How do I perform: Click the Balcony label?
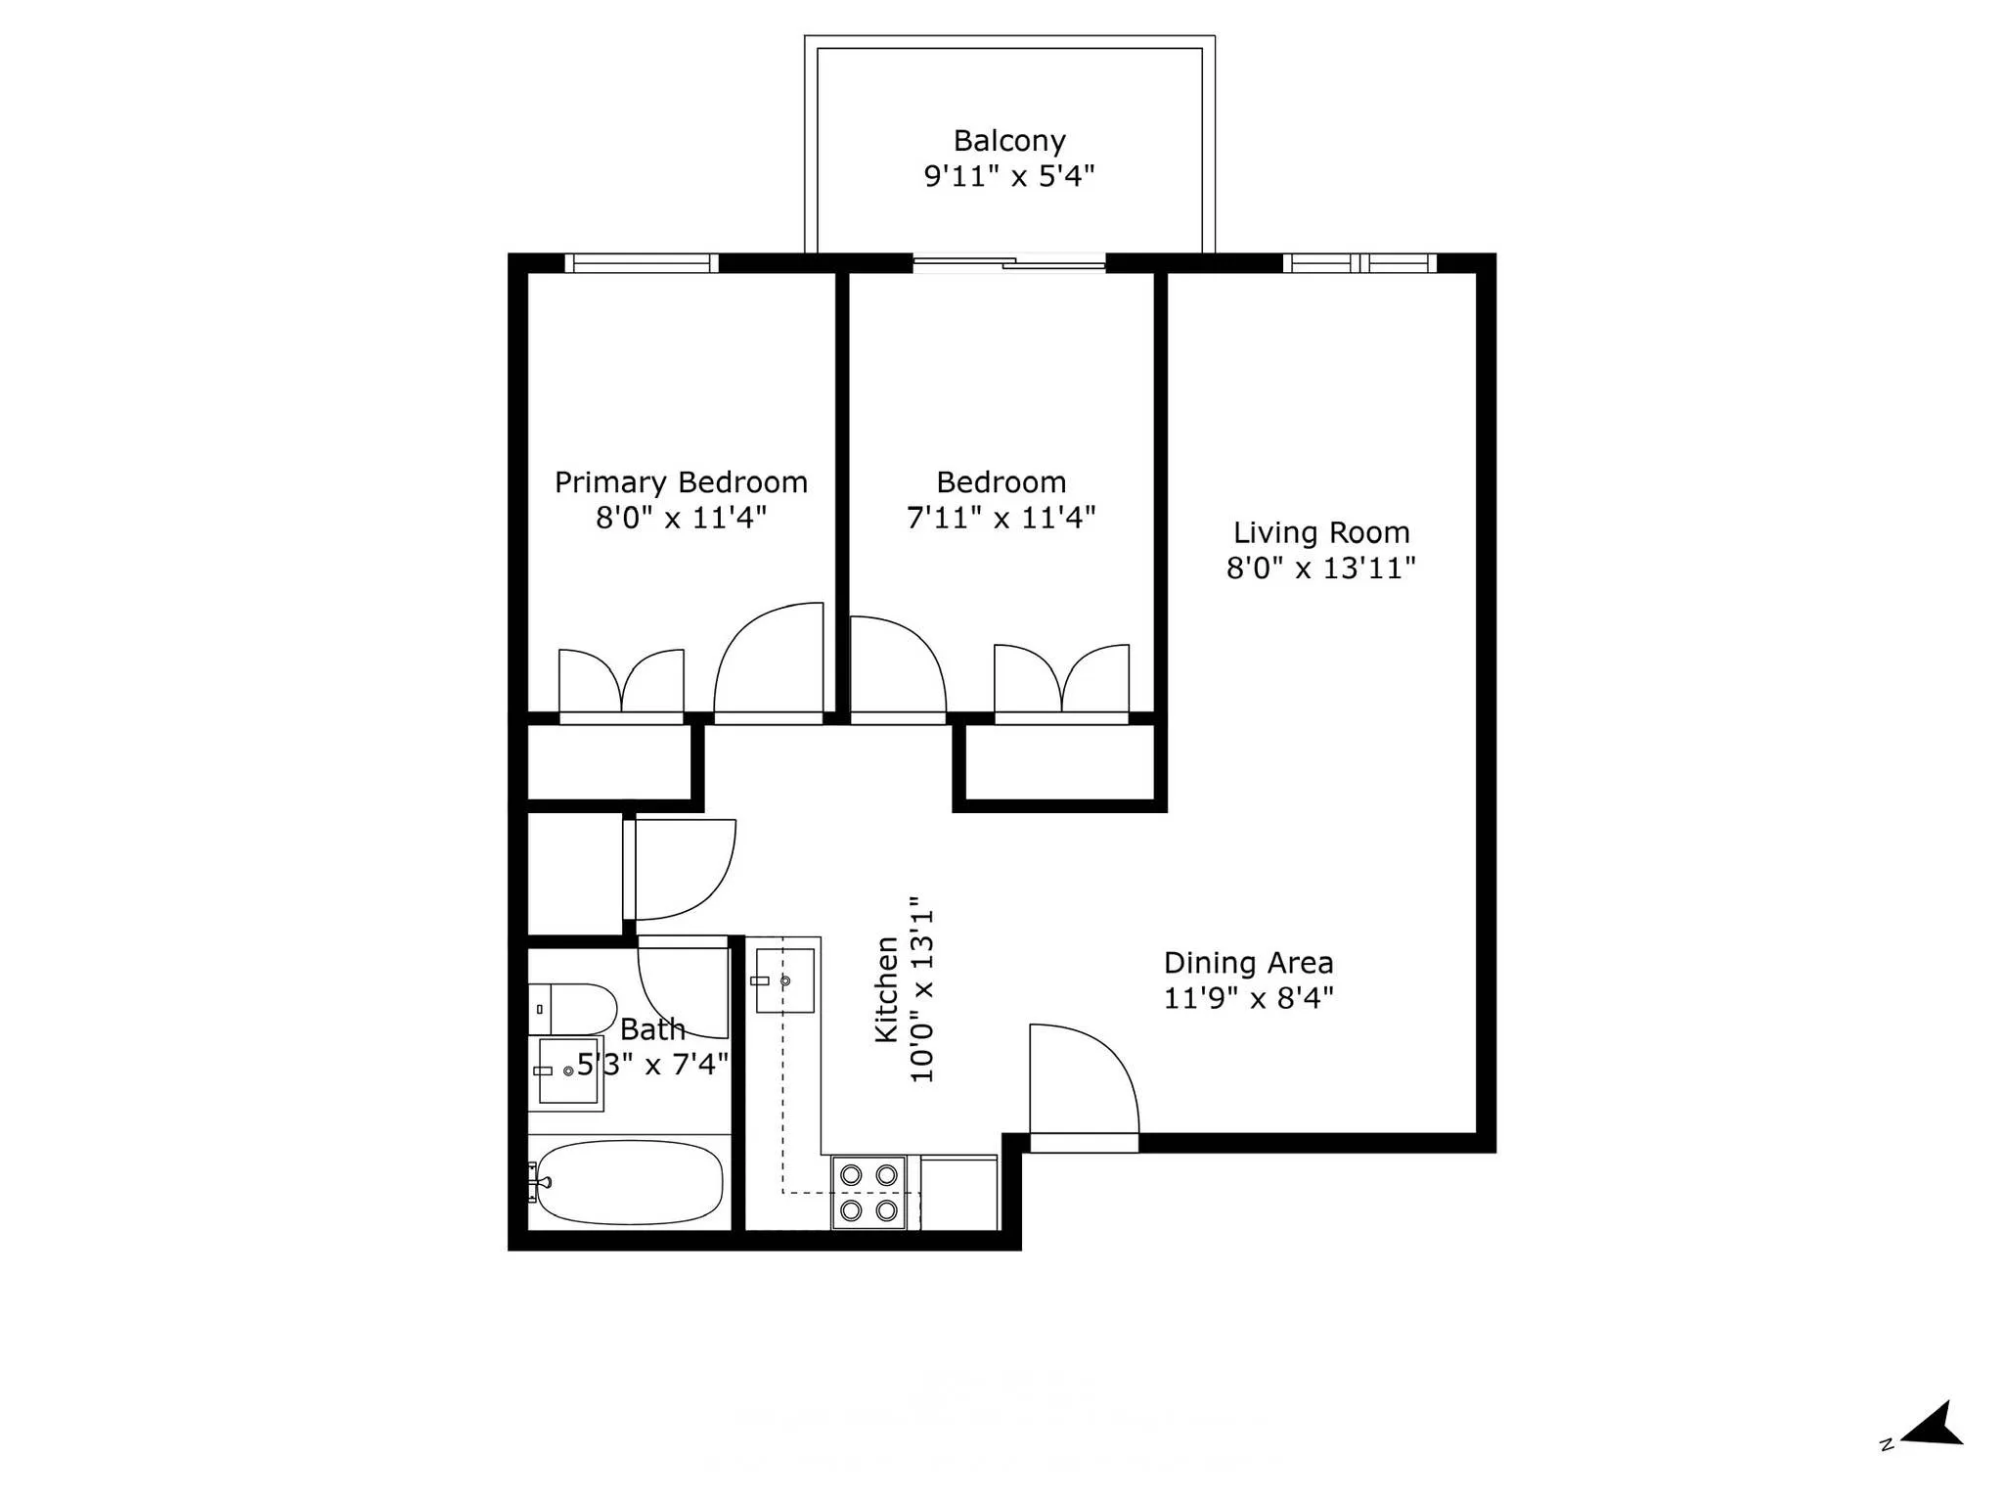[1008, 141]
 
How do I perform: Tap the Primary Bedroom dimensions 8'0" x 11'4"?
[681, 518]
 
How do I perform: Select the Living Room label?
[1320, 532]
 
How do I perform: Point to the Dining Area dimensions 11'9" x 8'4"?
[1248, 998]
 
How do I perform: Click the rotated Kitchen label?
[886, 989]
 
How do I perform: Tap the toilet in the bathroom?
[574, 1009]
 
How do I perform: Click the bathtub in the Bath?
[629, 1182]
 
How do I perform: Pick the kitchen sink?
[784, 980]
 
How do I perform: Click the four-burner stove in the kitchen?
[868, 1192]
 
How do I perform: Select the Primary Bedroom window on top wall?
[642, 262]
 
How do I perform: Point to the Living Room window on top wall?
[1359, 262]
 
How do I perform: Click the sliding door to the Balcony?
[1009, 262]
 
